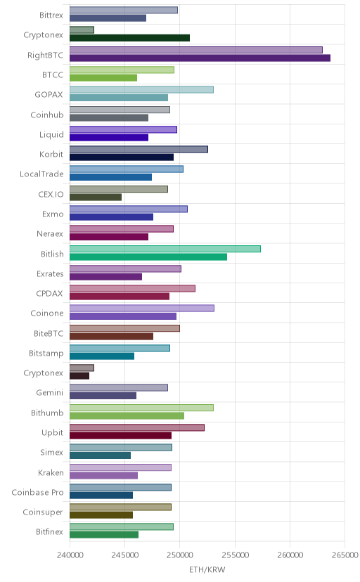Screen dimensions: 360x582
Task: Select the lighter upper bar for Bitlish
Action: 165,249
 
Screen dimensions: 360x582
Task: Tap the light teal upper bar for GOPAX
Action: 141,89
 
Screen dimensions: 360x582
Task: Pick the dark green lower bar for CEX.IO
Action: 96,197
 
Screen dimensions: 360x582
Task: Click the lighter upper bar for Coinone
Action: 142,308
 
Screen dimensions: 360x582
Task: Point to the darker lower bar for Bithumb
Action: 127,415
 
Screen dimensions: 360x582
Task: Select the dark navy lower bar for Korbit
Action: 122,157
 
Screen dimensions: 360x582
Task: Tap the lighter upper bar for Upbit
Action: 137,427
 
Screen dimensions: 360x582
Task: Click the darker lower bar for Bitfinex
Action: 104,535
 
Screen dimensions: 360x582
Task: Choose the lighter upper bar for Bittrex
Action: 124,10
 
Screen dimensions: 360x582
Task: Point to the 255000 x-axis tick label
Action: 235,555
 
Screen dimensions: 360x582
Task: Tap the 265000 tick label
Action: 345,555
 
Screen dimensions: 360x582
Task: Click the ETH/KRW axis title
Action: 207,570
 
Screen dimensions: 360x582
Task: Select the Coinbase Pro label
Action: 37,493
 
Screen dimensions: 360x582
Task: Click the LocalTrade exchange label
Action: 41,174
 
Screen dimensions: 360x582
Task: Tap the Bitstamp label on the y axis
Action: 46,354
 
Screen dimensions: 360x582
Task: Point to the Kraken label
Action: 51,472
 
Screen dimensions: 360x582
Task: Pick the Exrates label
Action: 50,274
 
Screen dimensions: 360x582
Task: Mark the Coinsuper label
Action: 43,512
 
